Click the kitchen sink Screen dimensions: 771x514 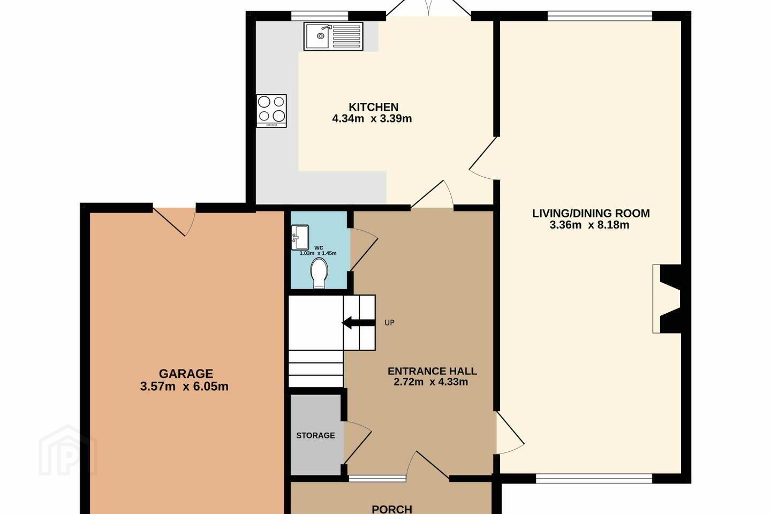[333, 36]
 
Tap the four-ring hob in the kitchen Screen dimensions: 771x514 [271, 111]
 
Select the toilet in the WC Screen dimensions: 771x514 [320, 274]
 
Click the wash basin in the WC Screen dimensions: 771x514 [300, 237]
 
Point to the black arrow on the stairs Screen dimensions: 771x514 [358, 323]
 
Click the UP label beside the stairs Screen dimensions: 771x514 [389, 322]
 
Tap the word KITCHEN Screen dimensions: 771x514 [374, 107]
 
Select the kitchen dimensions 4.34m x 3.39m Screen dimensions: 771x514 [372, 118]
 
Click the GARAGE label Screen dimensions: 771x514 [186, 374]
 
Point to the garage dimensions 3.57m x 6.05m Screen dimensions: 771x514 [184, 386]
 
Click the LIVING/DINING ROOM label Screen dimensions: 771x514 [591, 214]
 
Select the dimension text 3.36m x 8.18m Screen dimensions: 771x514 [589, 225]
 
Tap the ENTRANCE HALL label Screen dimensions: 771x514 [432, 371]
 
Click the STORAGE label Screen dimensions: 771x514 [315, 435]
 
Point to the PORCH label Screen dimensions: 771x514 [392, 509]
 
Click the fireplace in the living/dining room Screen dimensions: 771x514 [667, 299]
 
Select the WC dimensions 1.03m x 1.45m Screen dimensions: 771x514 [318, 253]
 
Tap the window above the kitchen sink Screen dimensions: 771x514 [320, 16]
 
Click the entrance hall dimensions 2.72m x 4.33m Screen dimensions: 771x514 [430, 382]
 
